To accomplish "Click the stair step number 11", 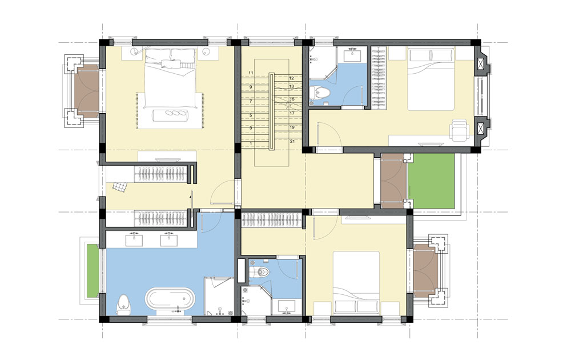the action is coord(251,73).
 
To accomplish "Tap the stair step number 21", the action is coord(292,141).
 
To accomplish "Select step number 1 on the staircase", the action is coord(251,144).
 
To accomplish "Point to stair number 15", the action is coord(292,99).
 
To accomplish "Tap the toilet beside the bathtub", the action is coord(123,304).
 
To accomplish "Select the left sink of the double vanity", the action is coord(134,240).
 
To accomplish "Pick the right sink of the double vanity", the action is coord(169,240).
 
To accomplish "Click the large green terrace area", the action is coord(432,181).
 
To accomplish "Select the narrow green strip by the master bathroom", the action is coord(93,270).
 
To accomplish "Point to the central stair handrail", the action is coord(271,111).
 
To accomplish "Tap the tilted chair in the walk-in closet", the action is coord(119,187).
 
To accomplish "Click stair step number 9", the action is coord(251,87).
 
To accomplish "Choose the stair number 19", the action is coord(292,127).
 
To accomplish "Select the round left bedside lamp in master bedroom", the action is coord(136,51).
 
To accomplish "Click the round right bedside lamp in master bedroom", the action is coord(206,51).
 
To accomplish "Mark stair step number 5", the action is coord(251,115).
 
